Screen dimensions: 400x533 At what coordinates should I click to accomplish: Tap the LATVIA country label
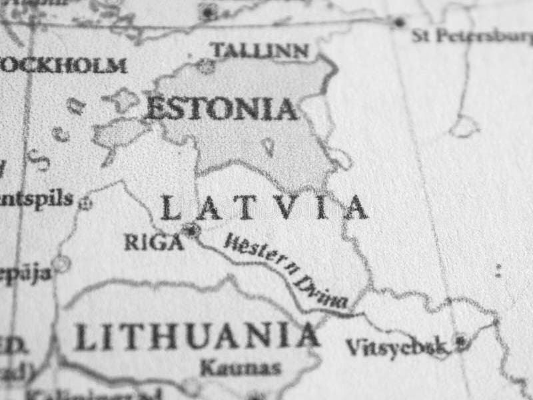click(264, 207)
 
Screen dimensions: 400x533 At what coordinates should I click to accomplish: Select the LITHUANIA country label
click(196, 336)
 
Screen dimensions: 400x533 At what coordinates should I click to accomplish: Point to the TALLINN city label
click(259, 50)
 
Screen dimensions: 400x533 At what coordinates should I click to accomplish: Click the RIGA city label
click(153, 242)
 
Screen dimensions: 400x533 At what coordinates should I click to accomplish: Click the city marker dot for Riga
click(192, 231)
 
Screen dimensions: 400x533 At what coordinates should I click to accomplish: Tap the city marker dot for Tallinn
click(206, 66)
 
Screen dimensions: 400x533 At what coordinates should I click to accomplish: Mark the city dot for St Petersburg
click(399, 22)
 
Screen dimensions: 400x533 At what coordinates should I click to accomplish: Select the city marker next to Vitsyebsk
click(460, 342)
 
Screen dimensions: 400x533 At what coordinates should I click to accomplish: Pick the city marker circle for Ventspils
click(85, 203)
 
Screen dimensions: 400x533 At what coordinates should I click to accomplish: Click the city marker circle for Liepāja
click(61, 263)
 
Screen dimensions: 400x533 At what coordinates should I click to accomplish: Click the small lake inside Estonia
click(267, 147)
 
